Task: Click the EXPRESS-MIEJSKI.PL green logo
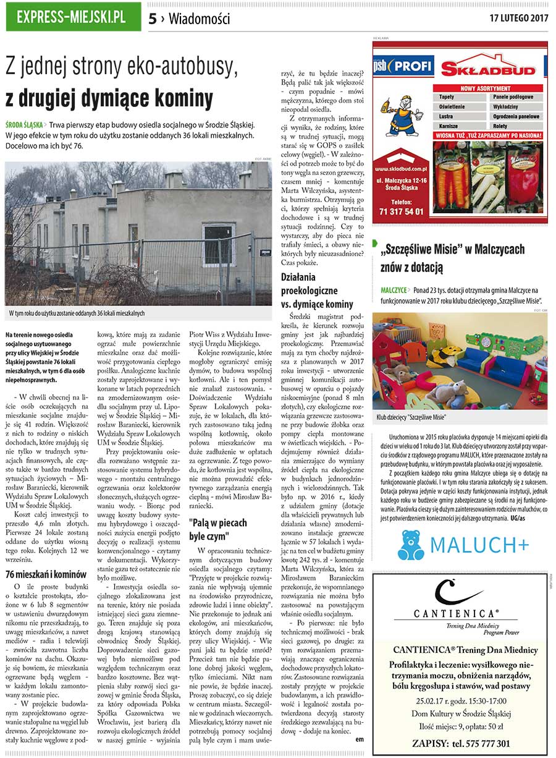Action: (72, 17)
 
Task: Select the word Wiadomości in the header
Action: (199, 19)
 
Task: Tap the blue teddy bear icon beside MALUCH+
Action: (410, 545)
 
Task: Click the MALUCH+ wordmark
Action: (480, 545)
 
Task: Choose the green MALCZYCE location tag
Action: (394, 289)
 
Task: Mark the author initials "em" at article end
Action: (360, 738)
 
